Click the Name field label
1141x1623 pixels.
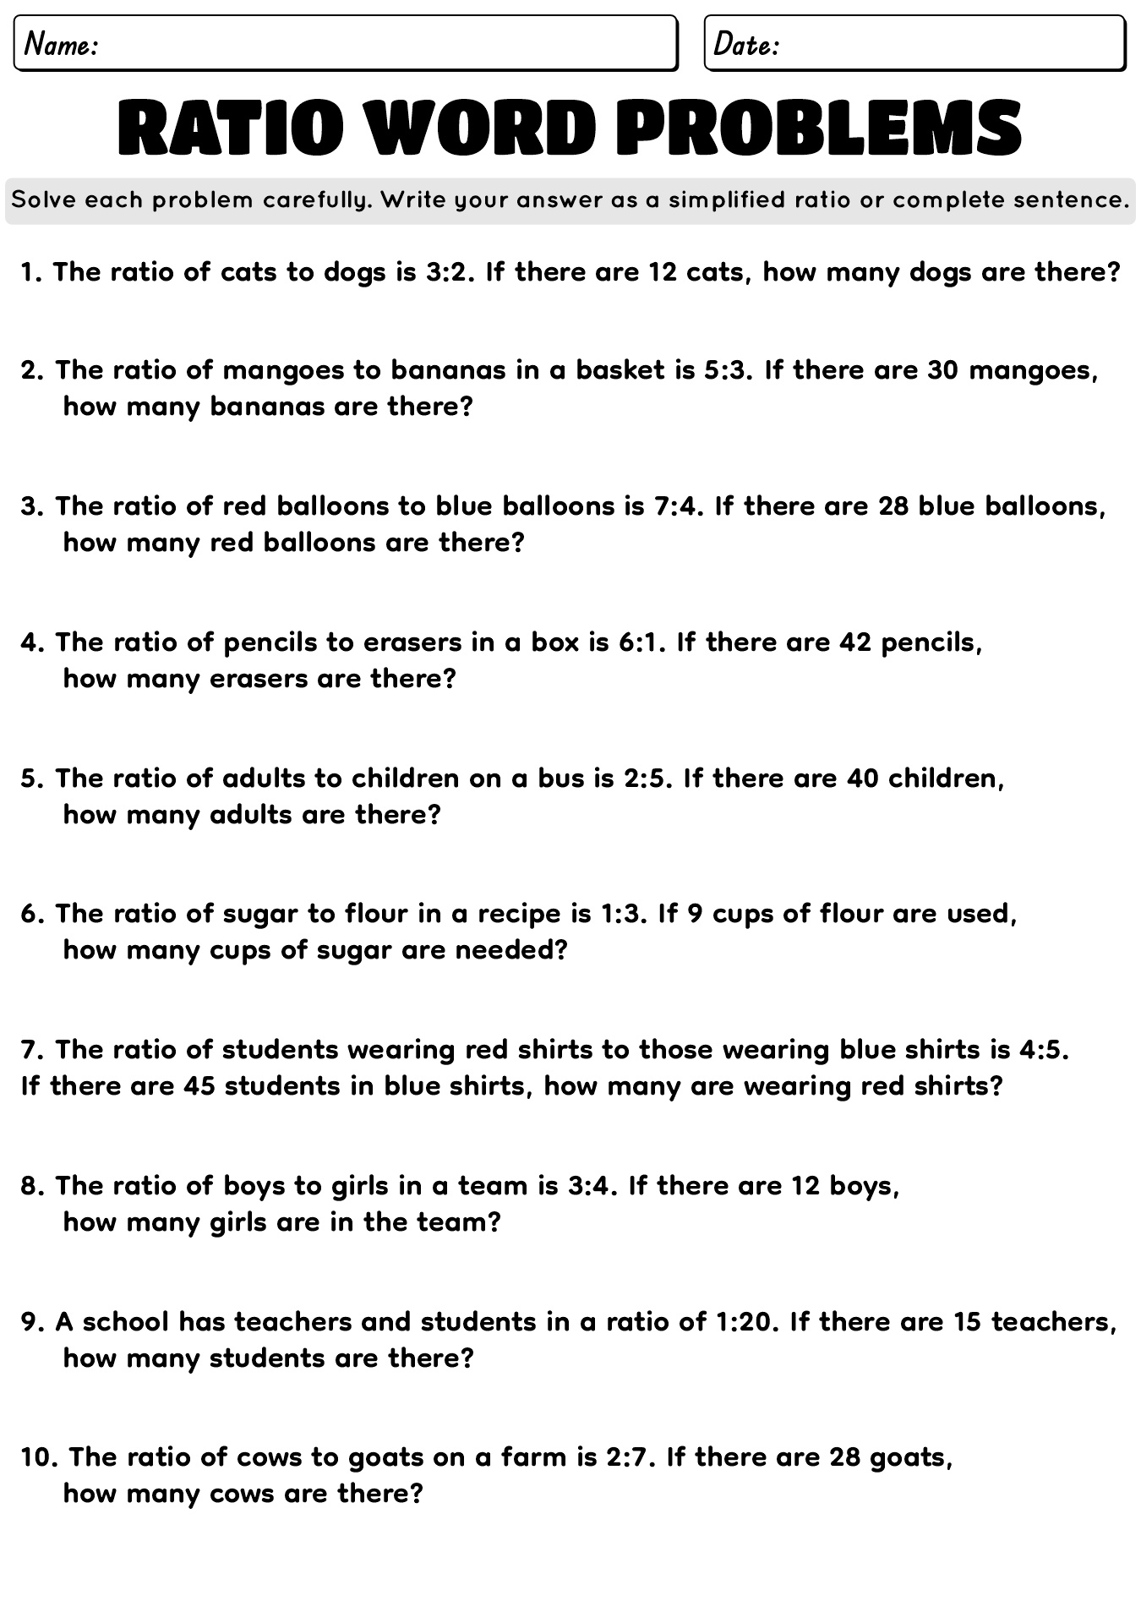(x=62, y=44)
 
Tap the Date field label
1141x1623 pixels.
(x=745, y=44)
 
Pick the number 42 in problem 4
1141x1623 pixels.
(x=856, y=642)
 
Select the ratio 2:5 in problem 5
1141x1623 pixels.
(x=648, y=779)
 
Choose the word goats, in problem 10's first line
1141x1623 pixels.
(x=912, y=1458)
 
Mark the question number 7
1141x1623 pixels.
(x=32, y=1050)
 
